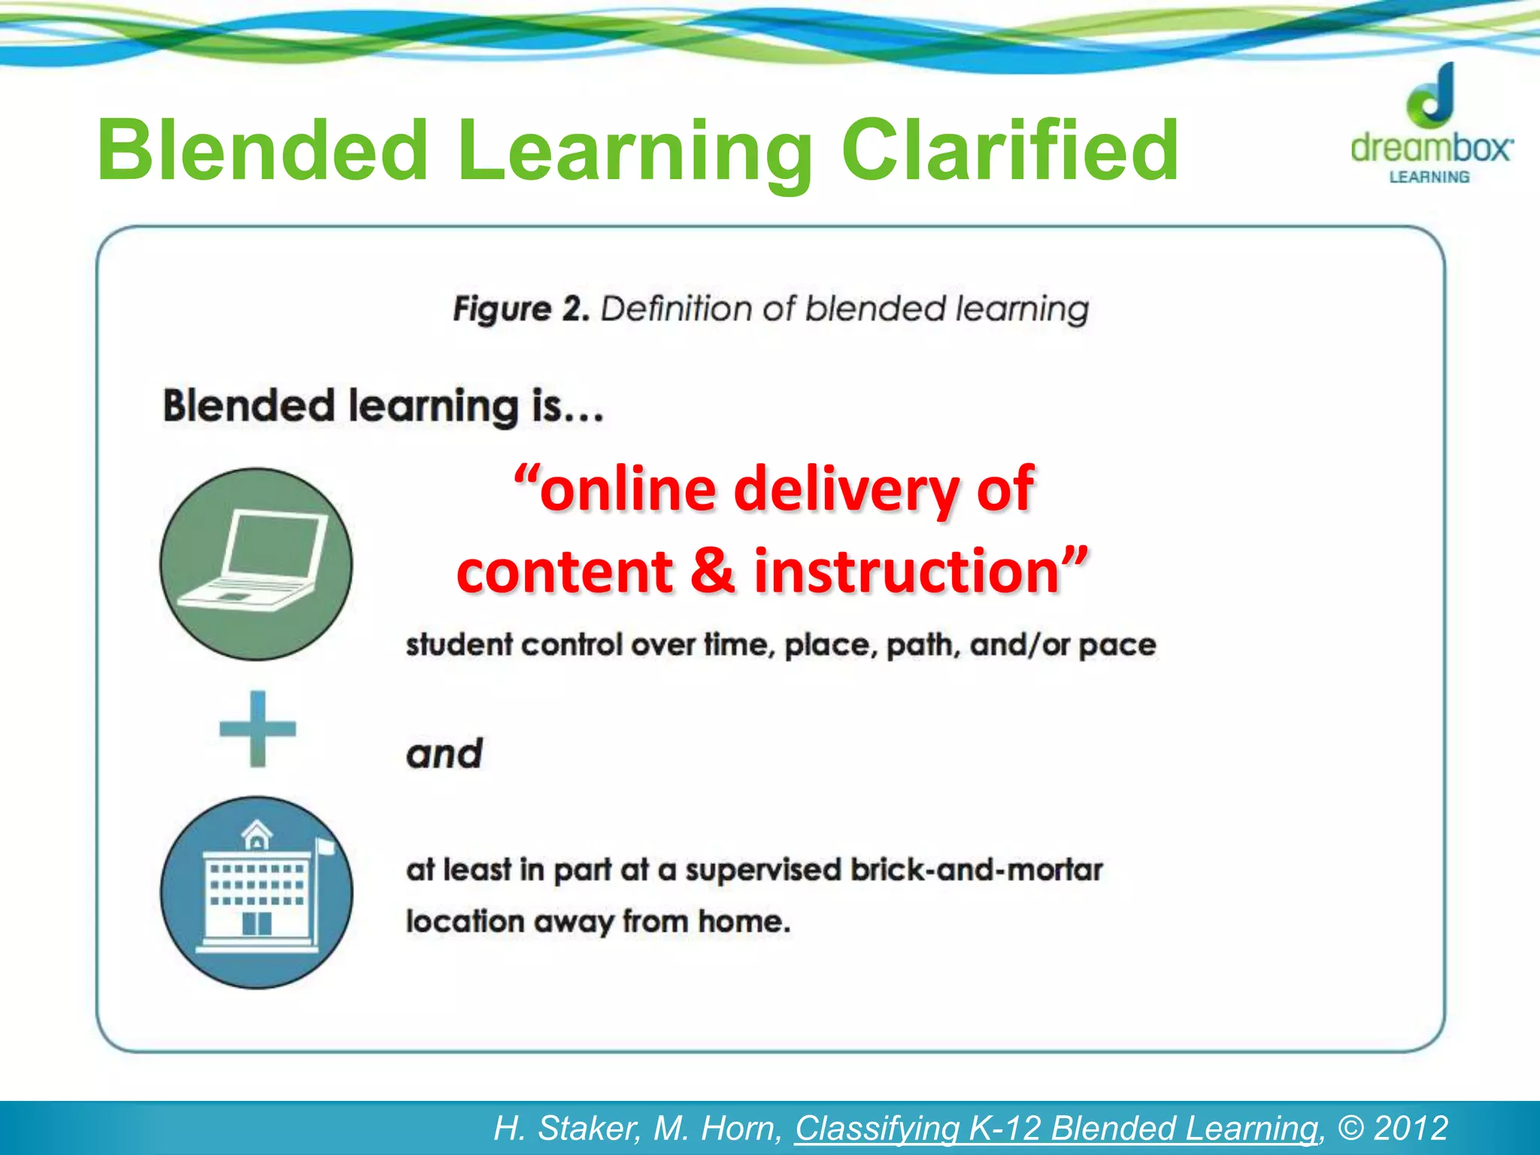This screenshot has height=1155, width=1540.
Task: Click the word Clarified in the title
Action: [x=1009, y=152]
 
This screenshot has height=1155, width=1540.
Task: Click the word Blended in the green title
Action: [x=263, y=152]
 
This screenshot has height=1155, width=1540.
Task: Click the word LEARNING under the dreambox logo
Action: [x=1429, y=177]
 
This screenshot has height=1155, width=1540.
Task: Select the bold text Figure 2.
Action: [x=520, y=309]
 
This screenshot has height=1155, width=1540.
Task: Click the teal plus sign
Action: [x=257, y=729]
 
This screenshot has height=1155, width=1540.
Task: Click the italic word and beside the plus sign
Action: [x=444, y=753]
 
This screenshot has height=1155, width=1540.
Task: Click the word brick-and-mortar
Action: [x=976, y=870]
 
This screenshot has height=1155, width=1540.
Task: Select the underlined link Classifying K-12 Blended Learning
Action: [x=1056, y=1128]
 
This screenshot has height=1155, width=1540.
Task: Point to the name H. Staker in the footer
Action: [x=566, y=1128]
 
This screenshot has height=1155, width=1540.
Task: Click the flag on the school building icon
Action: [x=325, y=847]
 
